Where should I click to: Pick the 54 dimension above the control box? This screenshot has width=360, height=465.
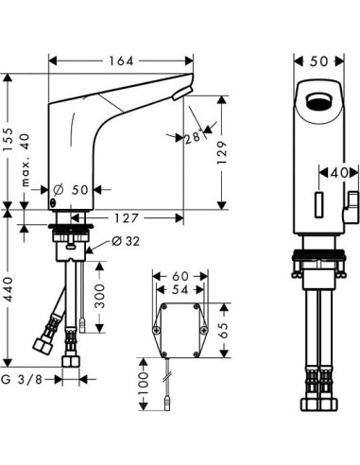click(180, 290)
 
